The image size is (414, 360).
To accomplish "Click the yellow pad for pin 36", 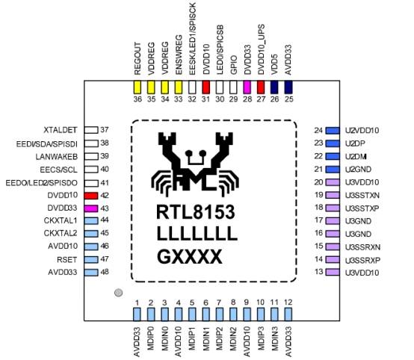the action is (x=137, y=87).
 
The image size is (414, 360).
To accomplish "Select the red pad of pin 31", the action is (x=206, y=87).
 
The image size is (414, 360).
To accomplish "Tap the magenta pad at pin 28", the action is (x=247, y=87).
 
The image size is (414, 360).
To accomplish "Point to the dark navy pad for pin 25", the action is (x=288, y=87).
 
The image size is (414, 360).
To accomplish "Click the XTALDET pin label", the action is (x=61, y=130).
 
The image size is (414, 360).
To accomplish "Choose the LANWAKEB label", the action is (x=57, y=157).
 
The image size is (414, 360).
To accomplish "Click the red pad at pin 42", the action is (x=91, y=196).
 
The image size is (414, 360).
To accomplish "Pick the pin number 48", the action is (x=105, y=272).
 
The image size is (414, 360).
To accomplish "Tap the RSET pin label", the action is (x=67, y=260).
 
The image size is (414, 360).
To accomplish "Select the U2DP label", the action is (x=355, y=143).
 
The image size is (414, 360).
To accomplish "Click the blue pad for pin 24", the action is (x=333, y=131).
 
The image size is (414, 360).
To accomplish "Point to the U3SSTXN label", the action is (x=362, y=196).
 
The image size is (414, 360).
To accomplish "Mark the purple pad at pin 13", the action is (x=333, y=272).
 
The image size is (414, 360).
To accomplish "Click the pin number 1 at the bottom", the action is (x=137, y=302).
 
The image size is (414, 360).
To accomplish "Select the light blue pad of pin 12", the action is (x=288, y=314).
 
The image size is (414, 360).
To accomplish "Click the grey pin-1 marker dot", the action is (x=119, y=293).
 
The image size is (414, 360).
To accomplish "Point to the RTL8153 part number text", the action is (x=196, y=212).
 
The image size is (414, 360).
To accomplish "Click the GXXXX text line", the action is (x=190, y=257).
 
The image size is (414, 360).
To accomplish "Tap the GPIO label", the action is (x=233, y=65).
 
